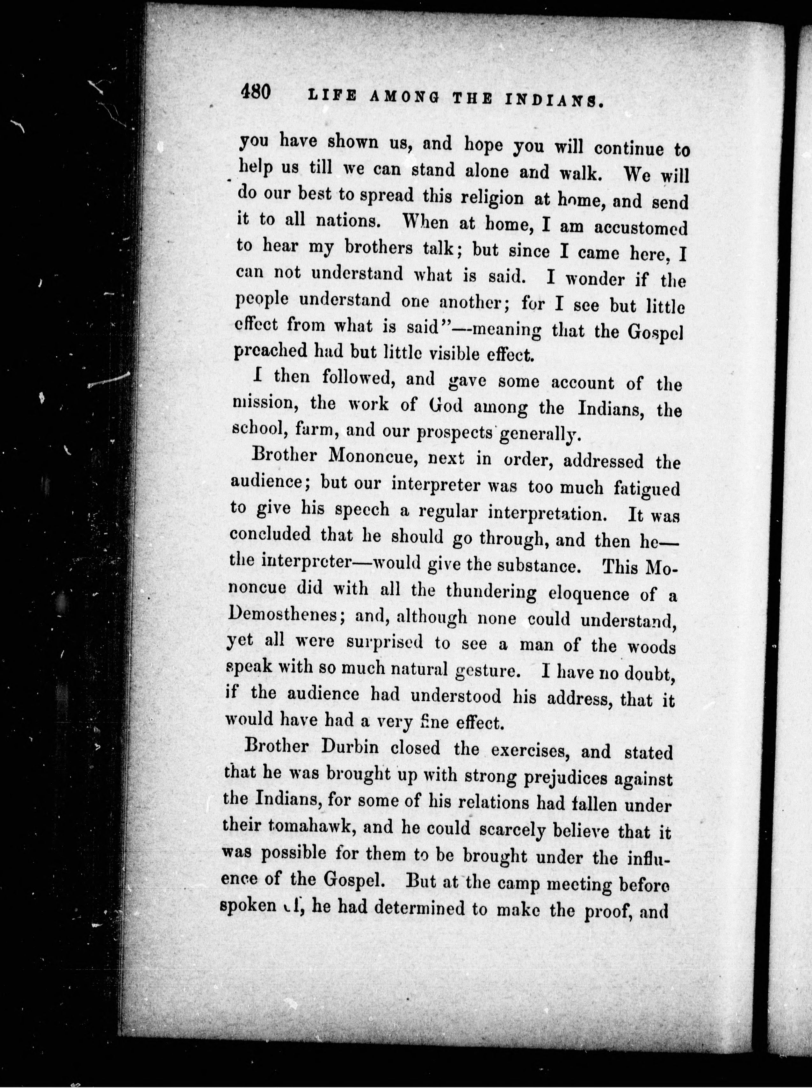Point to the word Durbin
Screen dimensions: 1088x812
pos(350,747)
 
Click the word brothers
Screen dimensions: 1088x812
pos(379,247)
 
